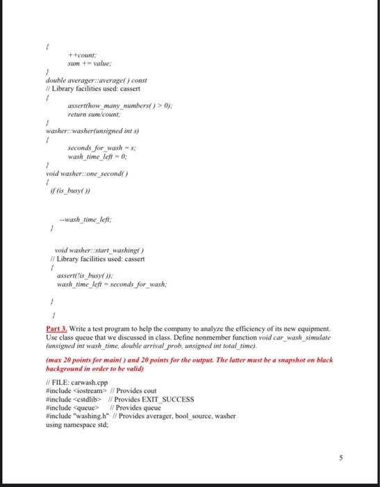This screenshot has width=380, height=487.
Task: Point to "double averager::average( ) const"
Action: click(x=90, y=80)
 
